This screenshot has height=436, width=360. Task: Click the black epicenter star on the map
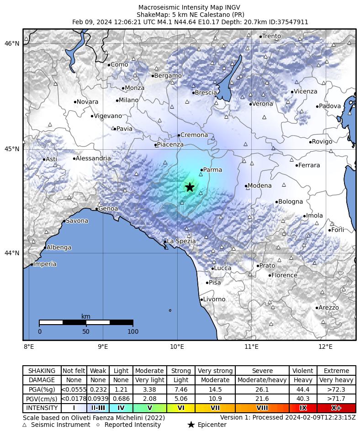pyautogui.click(x=190, y=187)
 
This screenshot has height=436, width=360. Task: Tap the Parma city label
pyautogui.click(x=212, y=170)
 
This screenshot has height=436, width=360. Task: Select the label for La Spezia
pyautogui.click(x=181, y=241)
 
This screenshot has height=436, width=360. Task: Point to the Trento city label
pyautogui.click(x=271, y=36)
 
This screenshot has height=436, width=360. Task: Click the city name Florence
pyautogui.click(x=284, y=275)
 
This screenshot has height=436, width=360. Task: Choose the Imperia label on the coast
pyautogui.click(x=45, y=264)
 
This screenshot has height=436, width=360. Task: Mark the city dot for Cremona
pyautogui.click(x=179, y=135)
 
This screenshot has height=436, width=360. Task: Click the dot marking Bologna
pyautogui.click(x=276, y=202)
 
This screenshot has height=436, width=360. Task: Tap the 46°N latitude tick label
pyautogui.click(x=12, y=43)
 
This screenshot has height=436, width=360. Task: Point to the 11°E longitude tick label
pyautogui.click(x=251, y=347)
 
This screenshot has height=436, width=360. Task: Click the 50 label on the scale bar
pyautogui.click(x=86, y=331)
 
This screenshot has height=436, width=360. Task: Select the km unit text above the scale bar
pyautogui.click(x=86, y=316)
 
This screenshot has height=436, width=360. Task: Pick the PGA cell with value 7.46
pyautogui.click(x=181, y=389)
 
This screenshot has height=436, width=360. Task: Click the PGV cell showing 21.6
pyautogui.click(x=262, y=399)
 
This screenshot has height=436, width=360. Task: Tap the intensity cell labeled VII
pyautogui.click(x=215, y=408)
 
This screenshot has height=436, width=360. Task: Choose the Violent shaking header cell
pyautogui.click(x=303, y=371)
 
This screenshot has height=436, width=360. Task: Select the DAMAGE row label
pyautogui.click(x=42, y=380)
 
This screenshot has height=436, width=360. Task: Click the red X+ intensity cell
pyautogui.click(x=336, y=408)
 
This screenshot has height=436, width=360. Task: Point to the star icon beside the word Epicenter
pyautogui.click(x=191, y=425)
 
